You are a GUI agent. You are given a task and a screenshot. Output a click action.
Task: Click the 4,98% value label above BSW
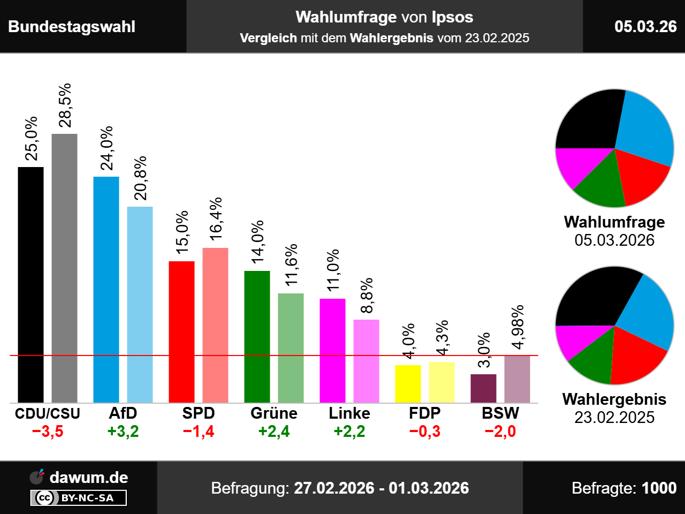point(517,328)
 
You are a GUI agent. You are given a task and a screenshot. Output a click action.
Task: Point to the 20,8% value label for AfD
point(140,178)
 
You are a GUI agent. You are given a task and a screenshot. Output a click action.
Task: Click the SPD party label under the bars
point(198,413)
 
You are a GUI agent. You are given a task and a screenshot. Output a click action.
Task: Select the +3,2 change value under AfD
point(123,432)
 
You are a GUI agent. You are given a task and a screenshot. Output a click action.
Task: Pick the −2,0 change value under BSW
point(500,432)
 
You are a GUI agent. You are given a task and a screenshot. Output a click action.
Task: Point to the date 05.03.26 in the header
point(645,26)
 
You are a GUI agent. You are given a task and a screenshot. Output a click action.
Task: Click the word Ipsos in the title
point(452,17)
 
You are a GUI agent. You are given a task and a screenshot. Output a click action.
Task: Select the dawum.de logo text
point(88,478)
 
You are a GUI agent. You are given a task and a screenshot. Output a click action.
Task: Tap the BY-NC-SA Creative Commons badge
point(79,498)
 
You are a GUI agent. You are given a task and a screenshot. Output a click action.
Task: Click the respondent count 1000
point(659,488)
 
